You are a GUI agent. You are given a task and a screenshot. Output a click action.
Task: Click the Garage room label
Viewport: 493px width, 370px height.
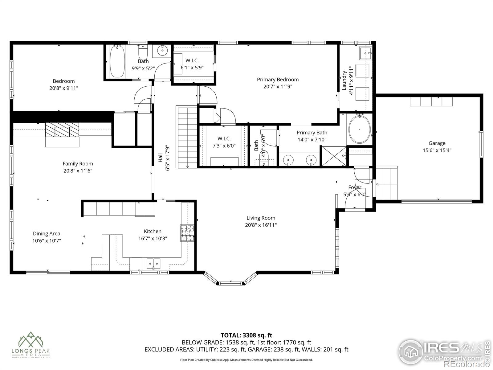(x=437, y=143)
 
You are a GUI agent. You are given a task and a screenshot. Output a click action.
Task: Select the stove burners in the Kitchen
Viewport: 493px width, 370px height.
(x=187, y=233)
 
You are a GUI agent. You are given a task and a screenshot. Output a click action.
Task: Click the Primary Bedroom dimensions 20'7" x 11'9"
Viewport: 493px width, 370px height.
(x=278, y=87)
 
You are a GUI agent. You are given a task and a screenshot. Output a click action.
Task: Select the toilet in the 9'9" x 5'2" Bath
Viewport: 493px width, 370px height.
(x=143, y=53)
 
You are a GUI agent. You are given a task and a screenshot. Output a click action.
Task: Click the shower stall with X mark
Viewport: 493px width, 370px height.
(x=333, y=156)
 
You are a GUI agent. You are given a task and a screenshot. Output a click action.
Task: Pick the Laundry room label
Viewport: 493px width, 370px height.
(x=344, y=81)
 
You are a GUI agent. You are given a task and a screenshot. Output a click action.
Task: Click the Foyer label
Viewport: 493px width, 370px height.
(x=355, y=187)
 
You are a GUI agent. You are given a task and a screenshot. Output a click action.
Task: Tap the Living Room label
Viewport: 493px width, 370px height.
(x=261, y=218)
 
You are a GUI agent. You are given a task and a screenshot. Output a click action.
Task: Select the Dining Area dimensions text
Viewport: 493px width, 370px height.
(x=47, y=241)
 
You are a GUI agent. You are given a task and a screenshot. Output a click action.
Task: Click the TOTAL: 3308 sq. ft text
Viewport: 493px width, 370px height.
(x=246, y=335)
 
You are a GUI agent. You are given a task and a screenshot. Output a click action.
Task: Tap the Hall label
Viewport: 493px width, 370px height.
(x=160, y=158)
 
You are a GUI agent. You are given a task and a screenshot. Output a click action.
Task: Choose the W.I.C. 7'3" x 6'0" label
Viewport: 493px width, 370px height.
(x=224, y=142)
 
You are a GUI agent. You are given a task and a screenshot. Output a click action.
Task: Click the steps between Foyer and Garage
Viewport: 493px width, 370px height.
(x=386, y=183)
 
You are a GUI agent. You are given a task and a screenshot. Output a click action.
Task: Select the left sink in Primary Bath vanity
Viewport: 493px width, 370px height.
(x=288, y=160)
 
